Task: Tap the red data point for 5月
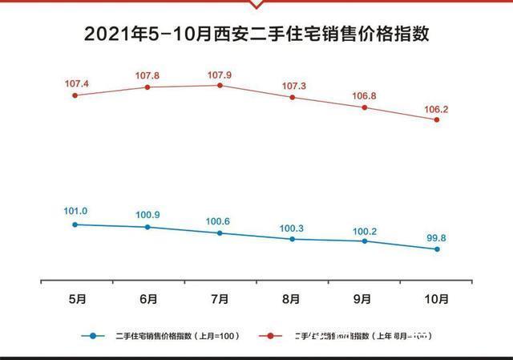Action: pyautogui.click(x=75, y=95)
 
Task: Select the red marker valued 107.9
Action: pyautogui.click(x=220, y=85)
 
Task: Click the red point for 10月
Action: pyautogui.click(x=437, y=119)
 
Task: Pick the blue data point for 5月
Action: pyautogui.click(x=75, y=224)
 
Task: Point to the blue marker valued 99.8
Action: pyautogui.click(x=437, y=249)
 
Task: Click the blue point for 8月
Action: pyautogui.click(x=292, y=239)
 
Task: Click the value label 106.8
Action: pyautogui.click(x=364, y=95)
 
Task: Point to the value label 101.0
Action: pyautogui.click(x=75, y=212)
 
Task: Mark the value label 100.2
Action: pyautogui.click(x=364, y=231)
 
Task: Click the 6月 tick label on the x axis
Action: pyautogui.click(x=147, y=299)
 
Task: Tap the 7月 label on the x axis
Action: pyautogui.click(x=220, y=299)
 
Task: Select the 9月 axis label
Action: pyautogui.click(x=364, y=299)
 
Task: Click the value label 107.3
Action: pyautogui.click(x=292, y=85)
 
